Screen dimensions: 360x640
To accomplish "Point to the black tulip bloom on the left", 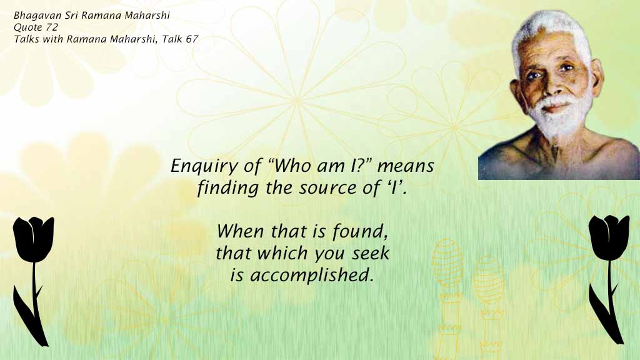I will click(34, 237).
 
